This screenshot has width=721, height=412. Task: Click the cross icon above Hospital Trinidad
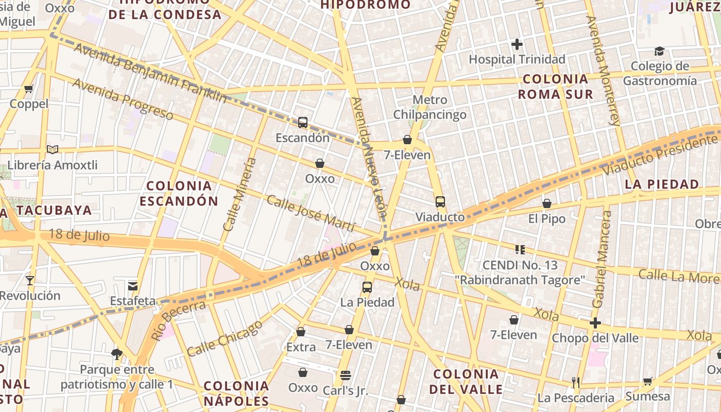coord(517,44)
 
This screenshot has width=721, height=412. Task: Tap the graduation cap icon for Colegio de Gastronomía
coord(659,51)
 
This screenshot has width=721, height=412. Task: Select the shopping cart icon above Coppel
coord(29,89)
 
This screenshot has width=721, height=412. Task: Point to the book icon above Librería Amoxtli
coord(53,150)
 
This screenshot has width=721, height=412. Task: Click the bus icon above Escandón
coord(303,123)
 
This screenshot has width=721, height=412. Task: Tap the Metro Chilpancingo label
coord(430,107)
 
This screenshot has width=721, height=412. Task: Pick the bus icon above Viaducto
coord(440,202)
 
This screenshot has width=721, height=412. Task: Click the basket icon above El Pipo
coord(547,204)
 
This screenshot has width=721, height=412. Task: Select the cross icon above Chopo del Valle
coord(595,323)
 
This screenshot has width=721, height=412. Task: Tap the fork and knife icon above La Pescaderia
coord(576,382)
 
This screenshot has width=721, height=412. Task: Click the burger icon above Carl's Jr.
coord(345,375)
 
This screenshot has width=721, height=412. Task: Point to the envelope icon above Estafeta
coord(133,286)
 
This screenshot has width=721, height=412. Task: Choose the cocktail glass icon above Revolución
coord(30,281)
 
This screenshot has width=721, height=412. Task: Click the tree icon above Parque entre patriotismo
coord(117,354)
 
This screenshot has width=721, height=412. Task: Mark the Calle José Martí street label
coord(311,213)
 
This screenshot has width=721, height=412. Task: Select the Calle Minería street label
coord(239,194)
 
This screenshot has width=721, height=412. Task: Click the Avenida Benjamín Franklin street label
coord(150,73)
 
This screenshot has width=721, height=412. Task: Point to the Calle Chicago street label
coord(225,338)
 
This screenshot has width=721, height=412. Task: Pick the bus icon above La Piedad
coord(367,287)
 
